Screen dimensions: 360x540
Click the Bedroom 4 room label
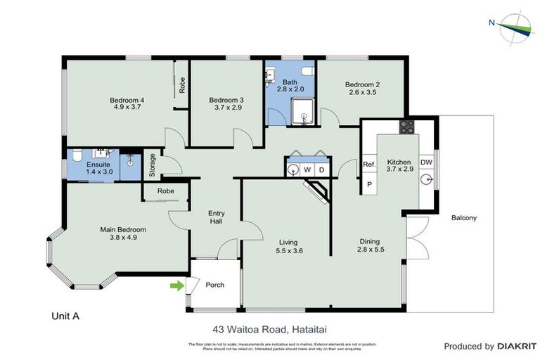(x=127, y=101)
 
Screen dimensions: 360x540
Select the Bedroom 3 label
(x=226, y=101)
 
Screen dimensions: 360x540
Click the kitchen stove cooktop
(x=407, y=127)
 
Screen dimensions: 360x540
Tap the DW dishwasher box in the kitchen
(x=426, y=163)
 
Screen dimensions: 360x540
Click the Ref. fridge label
(x=369, y=165)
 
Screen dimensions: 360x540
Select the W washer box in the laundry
(x=307, y=169)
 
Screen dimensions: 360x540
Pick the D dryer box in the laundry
(x=321, y=169)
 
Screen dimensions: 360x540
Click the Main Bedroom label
(x=122, y=229)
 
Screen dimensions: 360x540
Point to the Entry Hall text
(x=216, y=218)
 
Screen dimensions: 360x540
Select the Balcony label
(x=463, y=218)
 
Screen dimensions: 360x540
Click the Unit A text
(x=65, y=316)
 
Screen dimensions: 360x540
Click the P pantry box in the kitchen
(x=369, y=184)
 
